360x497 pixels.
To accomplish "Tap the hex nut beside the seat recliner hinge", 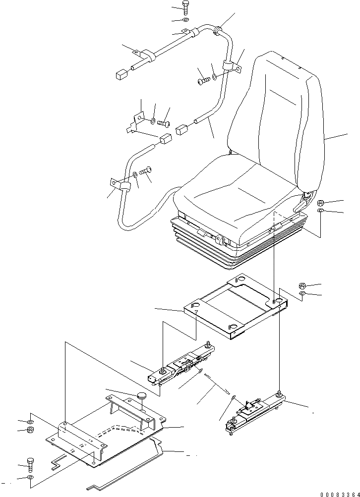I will (321, 202).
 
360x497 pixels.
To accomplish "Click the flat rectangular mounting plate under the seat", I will (233, 307).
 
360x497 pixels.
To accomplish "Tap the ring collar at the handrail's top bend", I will (217, 32).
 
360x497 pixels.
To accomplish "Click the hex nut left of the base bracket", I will (30, 429).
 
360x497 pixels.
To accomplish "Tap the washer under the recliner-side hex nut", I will (321, 212).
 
